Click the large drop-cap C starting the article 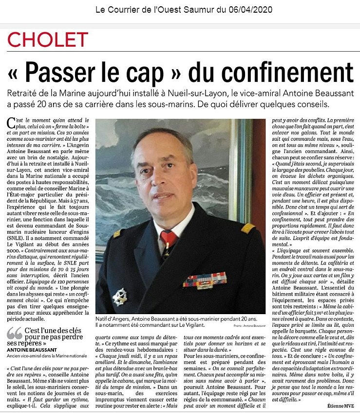click(11, 122)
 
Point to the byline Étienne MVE click(335, 403)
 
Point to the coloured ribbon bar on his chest click(205, 281)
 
